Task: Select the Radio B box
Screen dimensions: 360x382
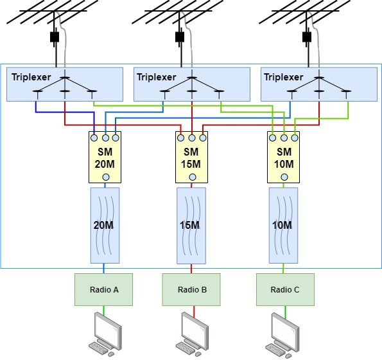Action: pyautogui.click(x=191, y=289)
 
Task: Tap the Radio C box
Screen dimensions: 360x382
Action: pyautogui.click(x=285, y=289)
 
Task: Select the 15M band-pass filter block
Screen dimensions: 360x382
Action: pyautogui.click(x=191, y=225)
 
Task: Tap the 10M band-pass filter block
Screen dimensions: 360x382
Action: pyautogui.click(x=282, y=225)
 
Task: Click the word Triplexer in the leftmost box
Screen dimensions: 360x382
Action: pyautogui.click(x=31, y=77)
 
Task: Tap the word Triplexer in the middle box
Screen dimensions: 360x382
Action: pyautogui.click(x=156, y=77)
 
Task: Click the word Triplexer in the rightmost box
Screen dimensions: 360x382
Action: pyautogui.click(x=284, y=77)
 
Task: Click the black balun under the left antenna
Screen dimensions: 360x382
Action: pyautogui.click(x=55, y=37)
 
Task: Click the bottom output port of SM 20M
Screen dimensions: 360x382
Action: pyautogui.click(x=105, y=177)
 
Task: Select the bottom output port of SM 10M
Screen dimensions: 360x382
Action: pyautogui.click(x=283, y=177)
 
